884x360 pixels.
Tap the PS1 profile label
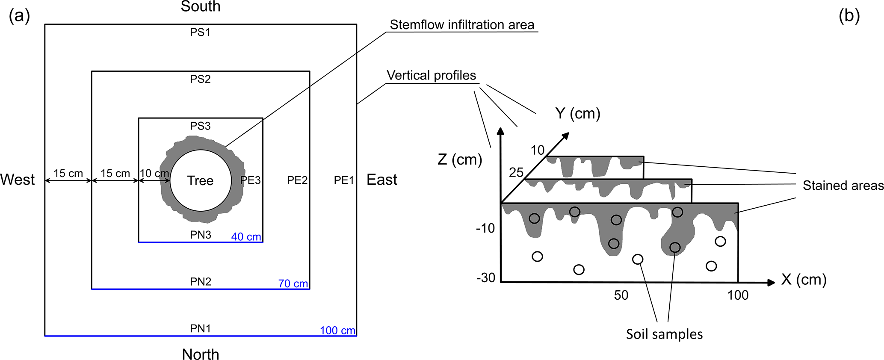click(200, 32)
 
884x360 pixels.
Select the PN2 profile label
click(201, 282)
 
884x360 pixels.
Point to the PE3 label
click(250, 180)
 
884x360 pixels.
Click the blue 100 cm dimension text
click(337, 330)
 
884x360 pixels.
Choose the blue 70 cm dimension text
click(293, 283)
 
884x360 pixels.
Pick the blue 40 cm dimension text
click(246, 237)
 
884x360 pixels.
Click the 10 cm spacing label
click(154, 173)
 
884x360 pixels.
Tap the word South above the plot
click(200, 7)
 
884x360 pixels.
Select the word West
click(18, 180)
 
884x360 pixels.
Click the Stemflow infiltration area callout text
click(462, 25)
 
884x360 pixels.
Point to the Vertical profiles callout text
click(431, 76)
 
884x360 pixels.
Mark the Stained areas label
click(843, 186)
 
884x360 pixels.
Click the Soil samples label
click(664, 334)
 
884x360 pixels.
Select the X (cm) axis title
click(804, 280)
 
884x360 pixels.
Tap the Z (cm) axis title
click(460, 159)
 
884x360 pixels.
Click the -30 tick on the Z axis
click(485, 278)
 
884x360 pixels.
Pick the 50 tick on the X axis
click(621, 295)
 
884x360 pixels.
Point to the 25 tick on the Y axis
click(516, 172)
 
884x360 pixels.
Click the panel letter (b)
click(849, 16)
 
